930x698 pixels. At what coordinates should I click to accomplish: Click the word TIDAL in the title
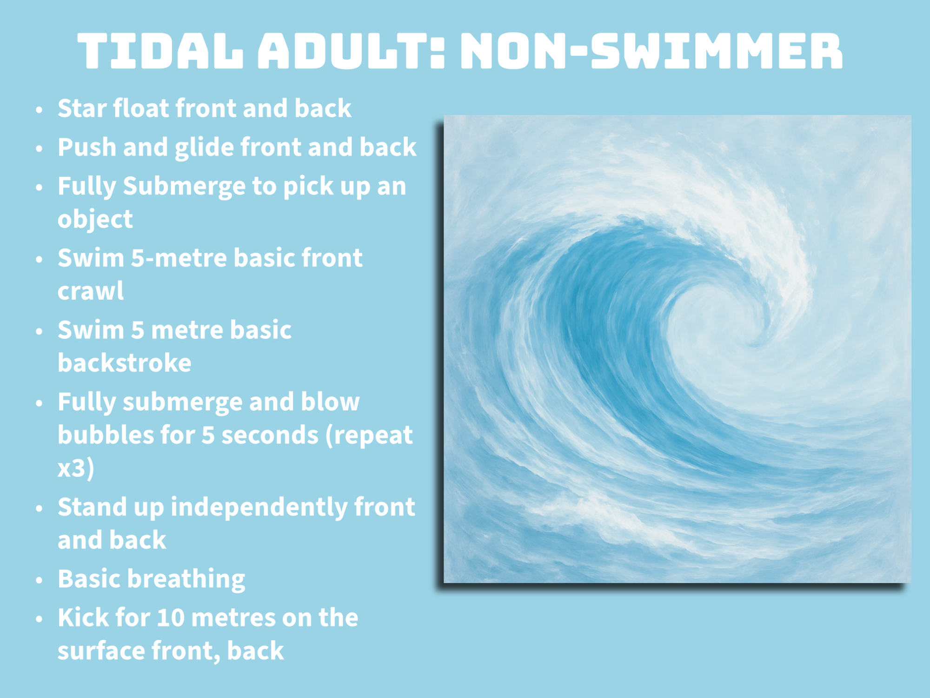point(160,51)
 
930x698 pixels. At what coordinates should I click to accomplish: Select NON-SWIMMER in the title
point(651,51)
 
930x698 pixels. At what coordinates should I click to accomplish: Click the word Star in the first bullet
point(82,108)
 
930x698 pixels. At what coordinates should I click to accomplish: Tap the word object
point(95,219)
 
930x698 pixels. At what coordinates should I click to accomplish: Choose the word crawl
point(91,291)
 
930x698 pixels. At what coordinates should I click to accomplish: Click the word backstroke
point(124,362)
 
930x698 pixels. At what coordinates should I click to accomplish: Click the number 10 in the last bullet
point(171,618)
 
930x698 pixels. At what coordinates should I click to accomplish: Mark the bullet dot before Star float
point(40,110)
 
